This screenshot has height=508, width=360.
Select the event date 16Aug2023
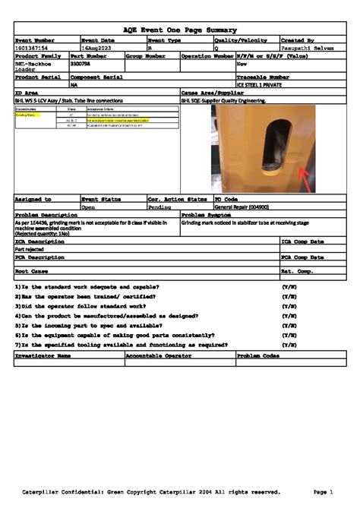click(96, 48)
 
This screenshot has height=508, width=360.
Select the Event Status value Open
click(88, 206)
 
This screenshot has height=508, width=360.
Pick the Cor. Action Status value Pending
click(159, 206)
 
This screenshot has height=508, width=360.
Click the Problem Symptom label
click(207, 214)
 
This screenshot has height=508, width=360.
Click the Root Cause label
click(32, 271)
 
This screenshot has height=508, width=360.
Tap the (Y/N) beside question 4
click(289, 315)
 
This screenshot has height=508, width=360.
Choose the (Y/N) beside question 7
click(289, 344)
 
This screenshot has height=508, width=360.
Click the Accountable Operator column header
click(159, 355)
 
